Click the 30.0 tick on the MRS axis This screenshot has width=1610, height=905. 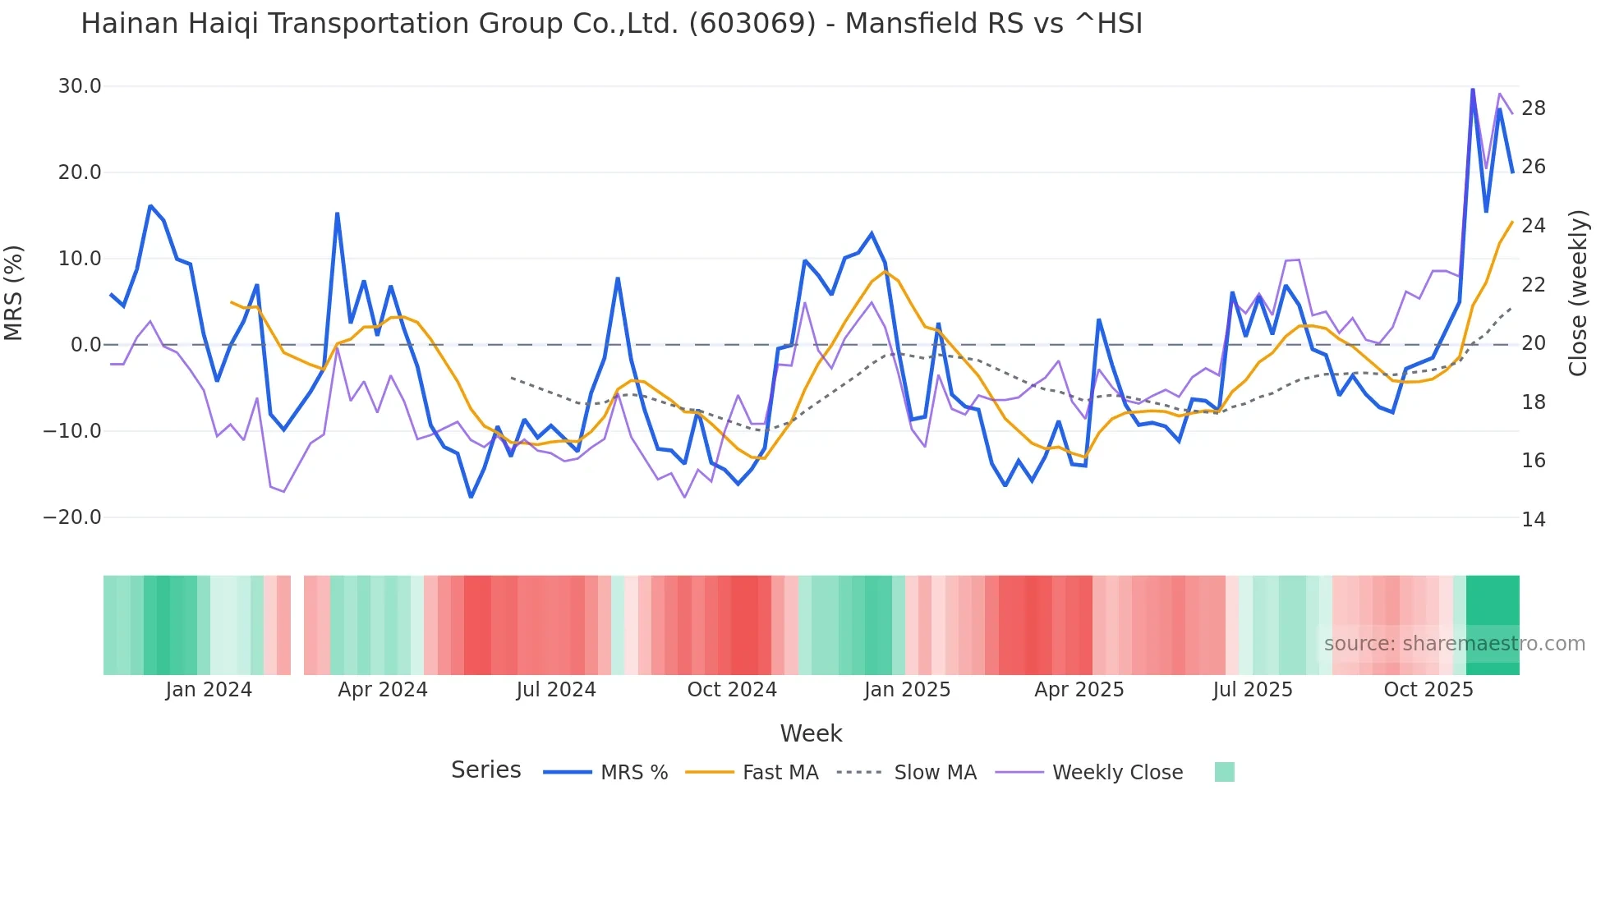tap(80, 86)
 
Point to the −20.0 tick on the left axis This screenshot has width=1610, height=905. tap(72, 517)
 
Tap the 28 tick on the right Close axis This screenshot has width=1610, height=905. tap(1534, 108)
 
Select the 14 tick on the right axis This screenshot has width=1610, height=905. tap(1534, 520)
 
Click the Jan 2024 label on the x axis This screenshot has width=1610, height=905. tap(209, 690)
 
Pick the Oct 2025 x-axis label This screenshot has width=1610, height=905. tap(1428, 690)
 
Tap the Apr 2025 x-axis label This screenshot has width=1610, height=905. tap(1079, 690)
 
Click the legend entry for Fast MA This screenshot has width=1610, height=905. tap(780, 773)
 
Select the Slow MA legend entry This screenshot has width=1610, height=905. tap(935, 773)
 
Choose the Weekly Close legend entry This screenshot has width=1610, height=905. tap(1117, 773)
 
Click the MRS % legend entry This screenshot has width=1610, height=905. tap(633, 773)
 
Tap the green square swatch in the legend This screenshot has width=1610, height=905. tap(1224, 772)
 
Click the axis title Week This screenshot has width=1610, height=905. tap(811, 733)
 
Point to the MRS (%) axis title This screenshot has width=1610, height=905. tap(14, 293)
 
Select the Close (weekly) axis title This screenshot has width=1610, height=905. tap(1578, 293)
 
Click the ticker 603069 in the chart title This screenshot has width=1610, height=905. tap(752, 24)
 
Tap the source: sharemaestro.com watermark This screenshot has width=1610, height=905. tap(1454, 644)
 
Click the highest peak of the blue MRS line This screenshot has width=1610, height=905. tap(1473, 89)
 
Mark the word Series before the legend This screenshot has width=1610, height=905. tap(485, 770)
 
